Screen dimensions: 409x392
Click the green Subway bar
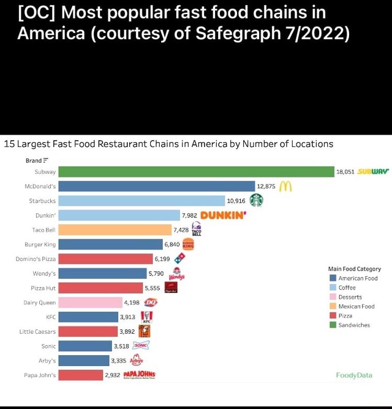(196, 172)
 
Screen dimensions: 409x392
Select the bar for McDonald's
(156, 186)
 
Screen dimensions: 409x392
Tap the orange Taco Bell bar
(115, 230)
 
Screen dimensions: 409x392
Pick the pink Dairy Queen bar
(91, 302)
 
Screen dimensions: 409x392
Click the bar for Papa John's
(81, 375)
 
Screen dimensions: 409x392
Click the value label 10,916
(236, 201)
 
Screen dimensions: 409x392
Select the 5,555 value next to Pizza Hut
(153, 288)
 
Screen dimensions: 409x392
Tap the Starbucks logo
(256, 200)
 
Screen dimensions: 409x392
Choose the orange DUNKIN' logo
(223, 215)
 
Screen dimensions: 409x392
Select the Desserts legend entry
(350, 297)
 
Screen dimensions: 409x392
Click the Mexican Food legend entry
(356, 306)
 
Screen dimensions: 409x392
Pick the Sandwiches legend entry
(354, 325)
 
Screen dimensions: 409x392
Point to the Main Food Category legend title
(354, 269)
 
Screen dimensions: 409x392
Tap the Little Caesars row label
(38, 331)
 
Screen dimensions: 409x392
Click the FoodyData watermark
(353, 375)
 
